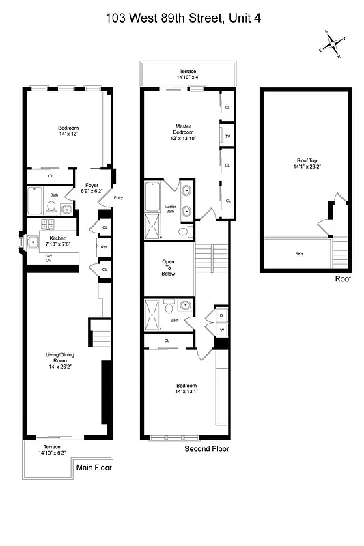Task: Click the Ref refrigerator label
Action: pos(104,247)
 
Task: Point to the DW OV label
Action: pos(48,257)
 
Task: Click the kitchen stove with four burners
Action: pos(49,225)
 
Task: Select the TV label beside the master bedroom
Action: pos(227,136)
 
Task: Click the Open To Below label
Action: pos(168,268)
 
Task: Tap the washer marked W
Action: pos(221,331)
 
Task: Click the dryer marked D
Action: pos(221,315)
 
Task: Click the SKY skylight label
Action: pos(299,254)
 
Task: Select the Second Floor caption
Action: pos(208,449)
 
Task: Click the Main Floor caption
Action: pos(94,468)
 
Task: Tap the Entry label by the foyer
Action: pos(118,198)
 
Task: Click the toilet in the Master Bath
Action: pos(182,233)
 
